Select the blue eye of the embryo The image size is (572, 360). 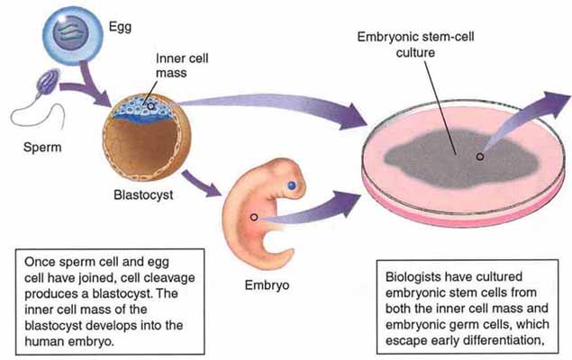tap(293, 185)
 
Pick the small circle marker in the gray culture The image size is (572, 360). tap(480, 156)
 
